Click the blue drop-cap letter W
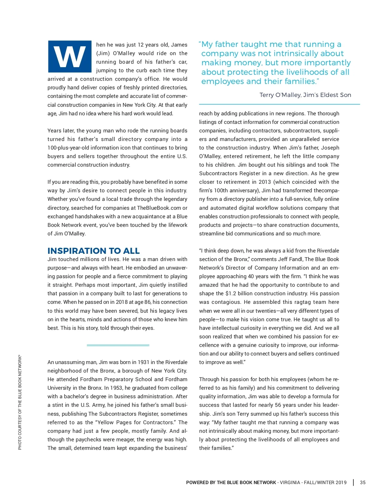pos(70,56)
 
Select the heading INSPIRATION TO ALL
pos(93,251)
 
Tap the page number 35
pos(363,483)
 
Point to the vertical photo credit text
pos(20,402)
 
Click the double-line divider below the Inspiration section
pos(118,345)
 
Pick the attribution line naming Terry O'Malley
pos(305,95)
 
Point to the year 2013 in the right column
pos(265,182)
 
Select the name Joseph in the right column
pos(330,148)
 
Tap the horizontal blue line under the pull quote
pos(279,104)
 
